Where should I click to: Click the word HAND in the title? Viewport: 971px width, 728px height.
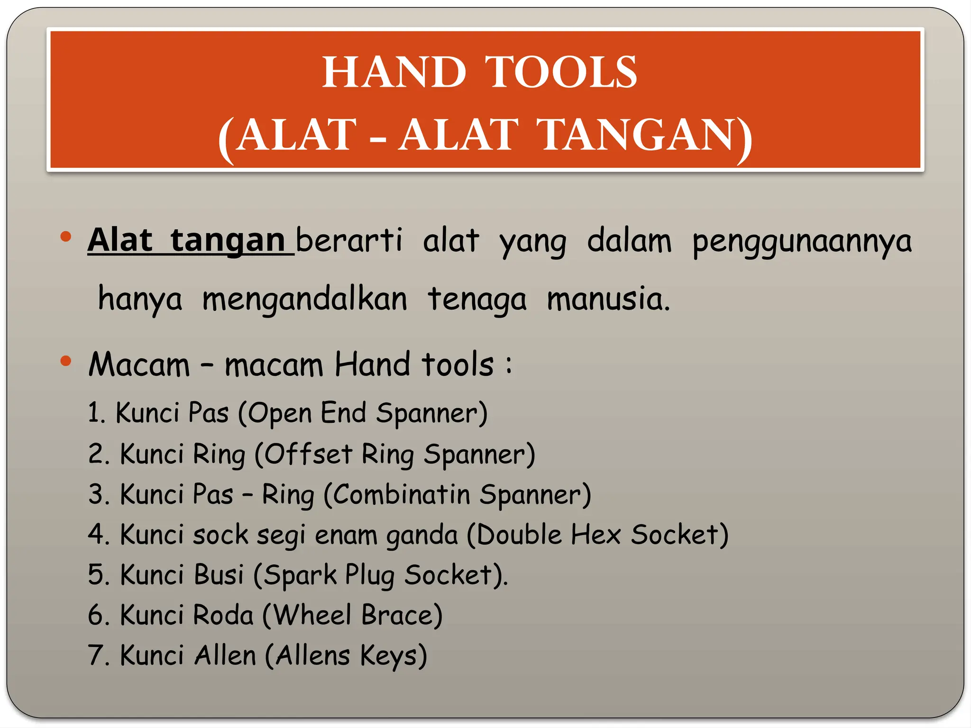click(x=394, y=73)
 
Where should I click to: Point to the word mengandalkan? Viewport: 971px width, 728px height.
click(x=305, y=300)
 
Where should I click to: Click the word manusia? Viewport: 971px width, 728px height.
click(x=608, y=300)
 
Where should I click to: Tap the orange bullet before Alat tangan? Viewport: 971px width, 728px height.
click(x=66, y=237)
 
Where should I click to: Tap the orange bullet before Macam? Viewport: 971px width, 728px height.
click(x=66, y=362)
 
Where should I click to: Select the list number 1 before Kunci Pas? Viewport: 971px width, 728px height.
click(x=95, y=412)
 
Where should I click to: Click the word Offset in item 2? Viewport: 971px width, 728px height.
click(x=307, y=454)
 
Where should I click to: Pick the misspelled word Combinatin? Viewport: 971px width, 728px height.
click(x=401, y=494)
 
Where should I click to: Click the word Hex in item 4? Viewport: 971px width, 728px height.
click(x=595, y=535)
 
